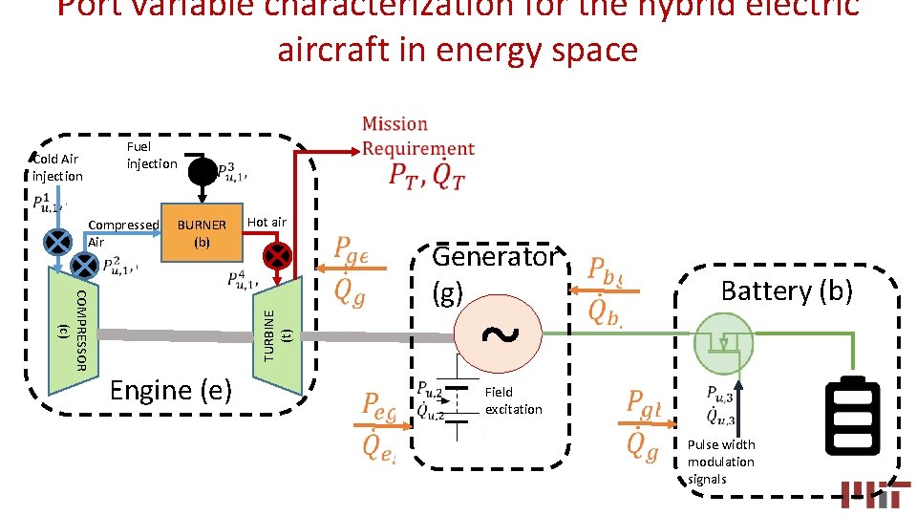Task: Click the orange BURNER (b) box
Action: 202,232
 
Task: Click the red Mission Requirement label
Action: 417,136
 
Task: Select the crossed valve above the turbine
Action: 277,255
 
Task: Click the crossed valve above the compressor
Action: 59,240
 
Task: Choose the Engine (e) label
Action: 171,390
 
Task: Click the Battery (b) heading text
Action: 786,290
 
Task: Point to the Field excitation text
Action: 513,400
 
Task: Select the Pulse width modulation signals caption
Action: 721,462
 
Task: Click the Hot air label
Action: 267,222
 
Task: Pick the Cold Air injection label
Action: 56,167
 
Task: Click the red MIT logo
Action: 875,493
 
